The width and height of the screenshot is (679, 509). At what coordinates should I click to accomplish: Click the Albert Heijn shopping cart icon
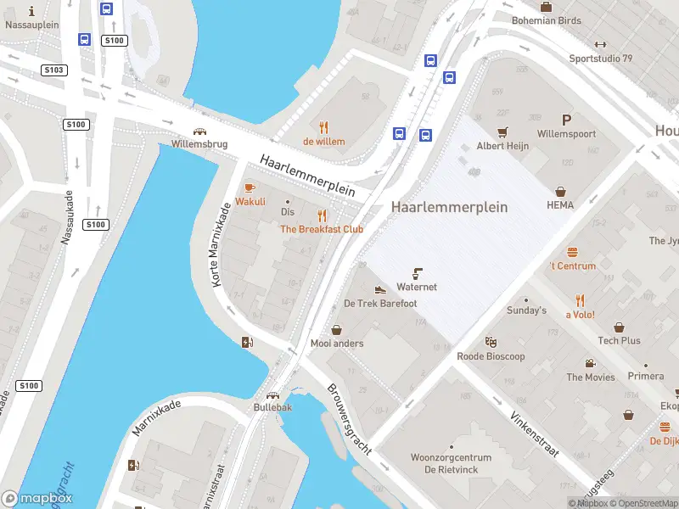pyautogui.click(x=502, y=131)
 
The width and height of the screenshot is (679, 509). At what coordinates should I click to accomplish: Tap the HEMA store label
pyautogui.click(x=560, y=204)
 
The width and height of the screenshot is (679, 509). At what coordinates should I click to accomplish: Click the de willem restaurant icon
pyautogui.click(x=323, y=127)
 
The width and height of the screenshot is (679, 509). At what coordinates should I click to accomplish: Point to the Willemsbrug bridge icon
pyautogui.click(x=199, y=131)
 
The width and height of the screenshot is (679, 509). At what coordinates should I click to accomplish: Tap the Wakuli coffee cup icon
pyautogui.click(x=250, y=187)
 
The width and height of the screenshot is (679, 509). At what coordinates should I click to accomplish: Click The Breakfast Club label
pyautogui.click(x=322, y=229)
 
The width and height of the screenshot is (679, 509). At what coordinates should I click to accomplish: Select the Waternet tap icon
pyautogui.click(x=417, y=272)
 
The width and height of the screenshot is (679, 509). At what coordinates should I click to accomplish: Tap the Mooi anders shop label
pyautogui.click(x=337, y=344)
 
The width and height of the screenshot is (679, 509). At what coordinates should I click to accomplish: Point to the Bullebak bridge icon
pyautogui.click(x=272, y=394)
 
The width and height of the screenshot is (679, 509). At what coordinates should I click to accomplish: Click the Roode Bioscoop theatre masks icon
pyautogui.click(x=491, y=342)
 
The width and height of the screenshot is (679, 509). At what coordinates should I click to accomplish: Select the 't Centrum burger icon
pyautogui.click(x=572, y=251)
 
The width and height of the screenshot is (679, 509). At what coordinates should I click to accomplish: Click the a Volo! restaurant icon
pyautogui.click(x=580, y=300)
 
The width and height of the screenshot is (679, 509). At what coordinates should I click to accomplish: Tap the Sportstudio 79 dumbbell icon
pyautogui.click(x=600, y=45)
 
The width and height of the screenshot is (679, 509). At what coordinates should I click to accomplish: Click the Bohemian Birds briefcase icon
pyautogui.click(x=546, y=7)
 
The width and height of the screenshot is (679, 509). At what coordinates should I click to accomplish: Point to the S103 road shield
pyautogui.click(x=54, y=70)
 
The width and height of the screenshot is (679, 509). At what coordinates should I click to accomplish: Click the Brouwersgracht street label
pyautogui.click(x=349, y=420)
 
